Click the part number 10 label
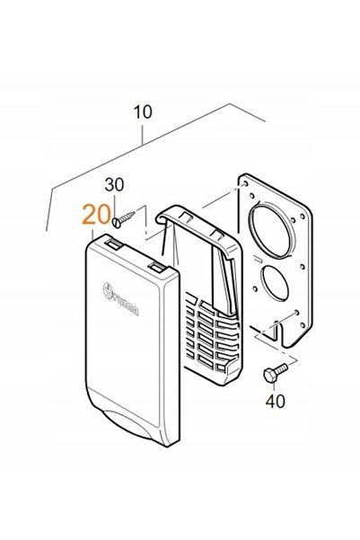click(x=143, y=112)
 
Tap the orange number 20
click(x=97, y=214)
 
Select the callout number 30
click(x=114, y=185)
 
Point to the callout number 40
click(x=276, y=402)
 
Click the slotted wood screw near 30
click(x=124, y=219)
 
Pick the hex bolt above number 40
click(x=275, y=373)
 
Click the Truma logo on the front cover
click(x=121, y=299)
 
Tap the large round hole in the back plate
click(x=271, y=230)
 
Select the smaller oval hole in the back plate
click(x=275, y=282)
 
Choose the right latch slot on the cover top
click(x=158, y=267)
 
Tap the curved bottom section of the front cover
click(x=133, y=423)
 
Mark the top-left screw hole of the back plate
click(x=245, y=183)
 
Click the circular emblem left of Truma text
click(x=109, y=289)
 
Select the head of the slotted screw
click(x=117, y=223)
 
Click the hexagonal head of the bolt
click(x=269, y=375)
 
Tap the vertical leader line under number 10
click(x=143, y=134)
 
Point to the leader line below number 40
click(x=274, y=386)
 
